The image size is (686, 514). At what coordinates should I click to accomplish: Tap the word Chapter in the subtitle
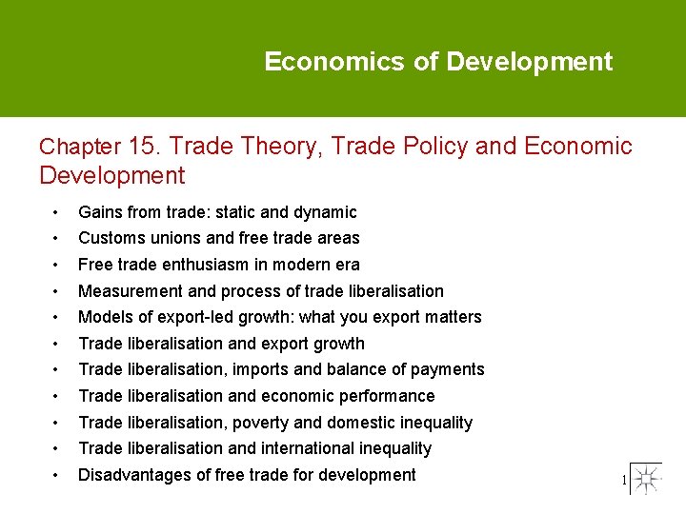80,148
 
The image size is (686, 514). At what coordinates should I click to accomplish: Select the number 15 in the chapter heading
143,147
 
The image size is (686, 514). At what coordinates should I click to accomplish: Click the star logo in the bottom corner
646,479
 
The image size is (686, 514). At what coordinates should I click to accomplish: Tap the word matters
453,317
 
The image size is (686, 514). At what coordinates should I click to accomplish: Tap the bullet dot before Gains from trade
57,212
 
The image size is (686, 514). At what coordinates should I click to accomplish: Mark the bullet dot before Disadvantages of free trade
57,475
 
